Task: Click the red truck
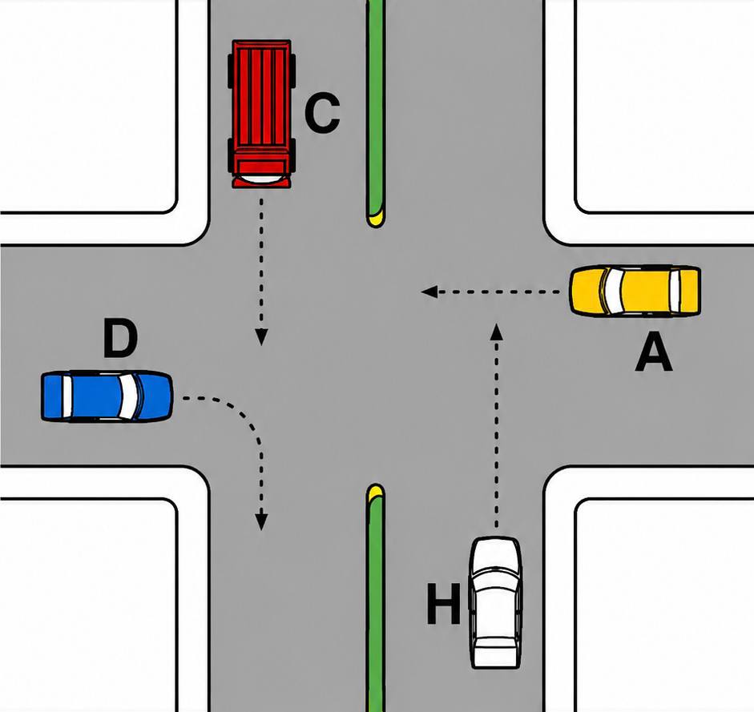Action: (261, 114)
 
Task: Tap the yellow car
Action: (635, 291)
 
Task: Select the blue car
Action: (107, 396)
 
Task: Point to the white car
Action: (495, 602)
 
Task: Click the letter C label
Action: (322, 113)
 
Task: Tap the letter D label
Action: (120, 340)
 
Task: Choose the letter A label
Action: (654, 352)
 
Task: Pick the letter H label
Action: (443, 603)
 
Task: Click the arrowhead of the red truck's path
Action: (261, 337)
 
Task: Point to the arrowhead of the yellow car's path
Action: (429, 292)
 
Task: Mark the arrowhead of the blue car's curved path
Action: (261, 522)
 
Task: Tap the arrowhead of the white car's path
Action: (498, 332)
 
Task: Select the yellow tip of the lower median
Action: (376, 492)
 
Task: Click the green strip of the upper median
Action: (376, 106)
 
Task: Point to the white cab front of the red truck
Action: (261, 179)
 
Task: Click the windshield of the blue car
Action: (129, 396)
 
